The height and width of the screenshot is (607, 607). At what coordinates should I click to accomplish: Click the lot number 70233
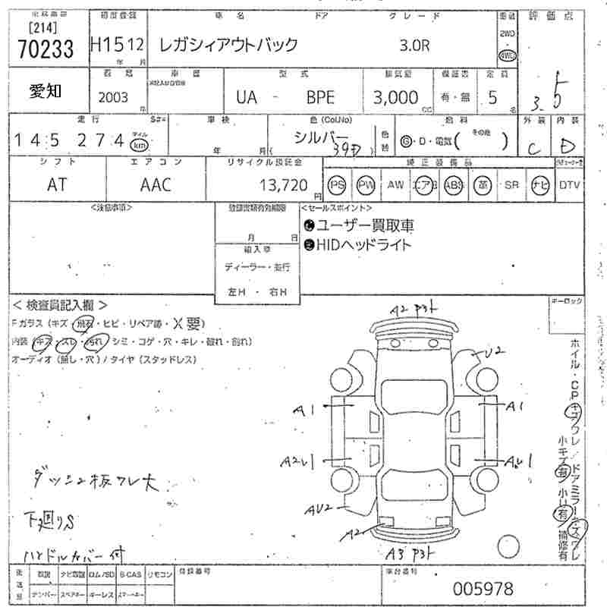click(45, 49)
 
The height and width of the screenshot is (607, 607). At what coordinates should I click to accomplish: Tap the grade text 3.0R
click(414, 45)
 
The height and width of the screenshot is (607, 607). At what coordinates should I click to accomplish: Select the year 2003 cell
click(114, 97)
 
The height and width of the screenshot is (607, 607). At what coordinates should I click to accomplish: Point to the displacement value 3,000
click(395, 97)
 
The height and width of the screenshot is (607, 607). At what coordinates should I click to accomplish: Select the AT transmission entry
click(57, 184)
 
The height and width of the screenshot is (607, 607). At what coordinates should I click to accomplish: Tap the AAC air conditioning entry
click(156, 184)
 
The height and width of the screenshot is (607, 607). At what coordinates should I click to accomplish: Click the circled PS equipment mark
click(337, 184)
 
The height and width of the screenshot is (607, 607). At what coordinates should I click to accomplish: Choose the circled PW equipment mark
click(366, 184)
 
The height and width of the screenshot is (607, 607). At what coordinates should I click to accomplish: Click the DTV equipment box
click(570, 184)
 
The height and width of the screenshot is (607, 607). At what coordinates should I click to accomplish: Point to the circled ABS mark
click(454, 184)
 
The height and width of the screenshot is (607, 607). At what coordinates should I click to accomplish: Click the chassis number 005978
click(483, 588)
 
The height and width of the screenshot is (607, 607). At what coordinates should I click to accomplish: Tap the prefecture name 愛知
click(46, 92)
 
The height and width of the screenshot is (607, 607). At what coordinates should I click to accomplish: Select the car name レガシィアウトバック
click(228, 45)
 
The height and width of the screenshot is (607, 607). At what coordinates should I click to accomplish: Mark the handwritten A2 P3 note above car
click(415, 310)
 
